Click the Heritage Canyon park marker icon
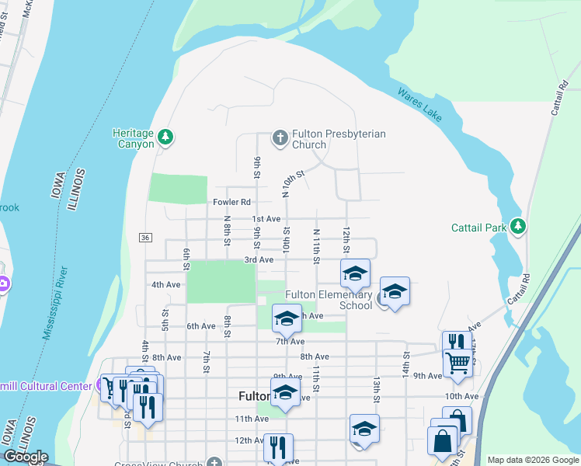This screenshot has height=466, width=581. [165, 137]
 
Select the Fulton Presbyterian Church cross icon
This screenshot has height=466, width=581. [280, 138]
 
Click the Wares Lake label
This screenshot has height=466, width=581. [420, 105]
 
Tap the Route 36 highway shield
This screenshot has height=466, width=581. [144, 236]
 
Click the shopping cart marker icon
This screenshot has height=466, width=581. [457, 360]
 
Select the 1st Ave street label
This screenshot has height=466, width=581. [266, 219]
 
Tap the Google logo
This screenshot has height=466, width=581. [26, 457]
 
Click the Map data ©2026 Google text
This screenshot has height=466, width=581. [532, 460]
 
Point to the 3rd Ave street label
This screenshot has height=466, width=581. [259, 259]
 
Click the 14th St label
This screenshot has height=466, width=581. [405, 360]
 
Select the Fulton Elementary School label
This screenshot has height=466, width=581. [329, 300]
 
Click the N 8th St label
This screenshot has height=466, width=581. [227, 231]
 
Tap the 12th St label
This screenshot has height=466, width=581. [346, 240]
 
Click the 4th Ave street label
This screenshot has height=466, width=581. [165, 285]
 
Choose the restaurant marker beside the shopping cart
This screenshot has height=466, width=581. [456, 343]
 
